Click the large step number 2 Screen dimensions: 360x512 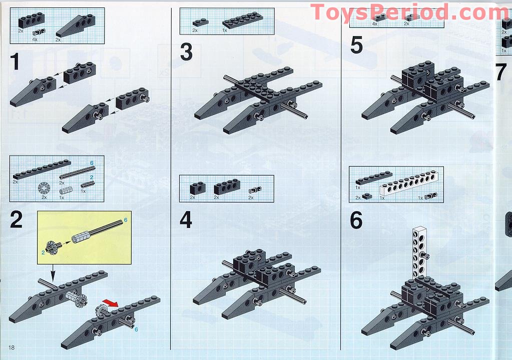[17, 220]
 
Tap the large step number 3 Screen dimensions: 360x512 [186, 52]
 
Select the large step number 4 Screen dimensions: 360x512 [186, 220]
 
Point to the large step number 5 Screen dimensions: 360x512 [356, 45]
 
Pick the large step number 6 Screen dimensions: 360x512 [356, 220]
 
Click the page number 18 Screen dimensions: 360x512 [11, 347]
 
